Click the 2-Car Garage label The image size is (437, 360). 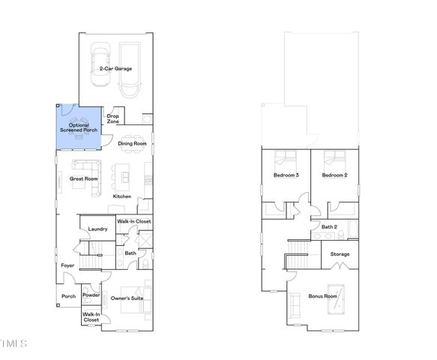pyautogui.click(x=115, y=68)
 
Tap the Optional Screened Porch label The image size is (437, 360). pyautogui.click(x=79, y=127)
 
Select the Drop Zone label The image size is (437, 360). pyautogui.click(x=113, y=118)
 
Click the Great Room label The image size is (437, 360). pyautogui.click(x=84, y=178)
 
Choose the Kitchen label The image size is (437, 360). pyautogui.click(x=122, y=196)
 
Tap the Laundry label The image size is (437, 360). pyautogui.click(x=98, y=229)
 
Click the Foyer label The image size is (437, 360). pyautogui.click(x=67, y=265)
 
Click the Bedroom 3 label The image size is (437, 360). pyautogui.click(x=286, y=175)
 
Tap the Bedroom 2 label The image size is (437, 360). pyautogui.click(x=334, y=175)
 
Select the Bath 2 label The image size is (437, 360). pyautogui.click(x=330, y=226)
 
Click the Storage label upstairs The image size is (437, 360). pyautogui.click(x=340, y=254)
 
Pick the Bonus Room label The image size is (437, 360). pyautogui.click(x=323, y=296)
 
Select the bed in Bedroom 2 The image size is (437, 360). pyautogui.click(x=331, y=158)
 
